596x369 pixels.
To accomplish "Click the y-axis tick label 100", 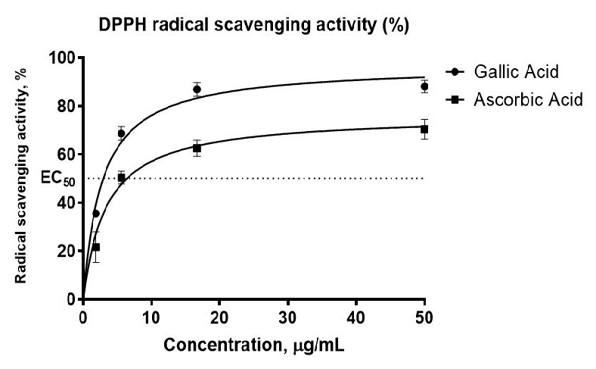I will pyautogui.click(x=62, y=58).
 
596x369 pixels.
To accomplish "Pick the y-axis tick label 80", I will pyautogui.click(x=66, y=106).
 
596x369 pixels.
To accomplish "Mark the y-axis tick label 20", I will pyautogui.click(x=66, y=251).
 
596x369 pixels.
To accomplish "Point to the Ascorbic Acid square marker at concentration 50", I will pyautogui.click(x=424, y=130).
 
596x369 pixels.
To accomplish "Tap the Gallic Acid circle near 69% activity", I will pyautogui.click(x=121, y=133).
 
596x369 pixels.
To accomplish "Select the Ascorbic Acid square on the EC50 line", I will pyautogui.click(x=121, y=178).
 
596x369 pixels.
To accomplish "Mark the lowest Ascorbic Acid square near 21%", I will pyautogui.click(x=96, y=247).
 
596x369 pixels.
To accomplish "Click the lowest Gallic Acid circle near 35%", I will pyautogui.click(x=96, y=214).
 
